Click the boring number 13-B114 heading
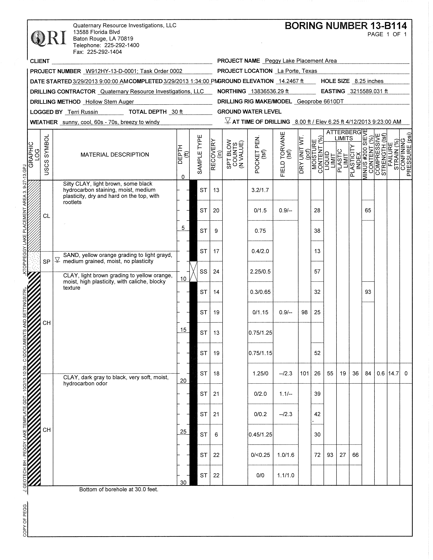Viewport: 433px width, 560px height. [x=346, y=26]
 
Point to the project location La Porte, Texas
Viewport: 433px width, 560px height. [x=297, y=71]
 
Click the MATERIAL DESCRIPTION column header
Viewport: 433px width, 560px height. [x=115, y=155]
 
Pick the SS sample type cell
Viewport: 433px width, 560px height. [x=203, y=272]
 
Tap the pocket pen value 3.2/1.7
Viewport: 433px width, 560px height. [x=260, y=190]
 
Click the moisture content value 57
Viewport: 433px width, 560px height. [x=317, y=272]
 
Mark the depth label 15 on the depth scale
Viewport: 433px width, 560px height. [x=183, y=330]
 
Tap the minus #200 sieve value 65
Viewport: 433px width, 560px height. [x=368, y=211]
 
